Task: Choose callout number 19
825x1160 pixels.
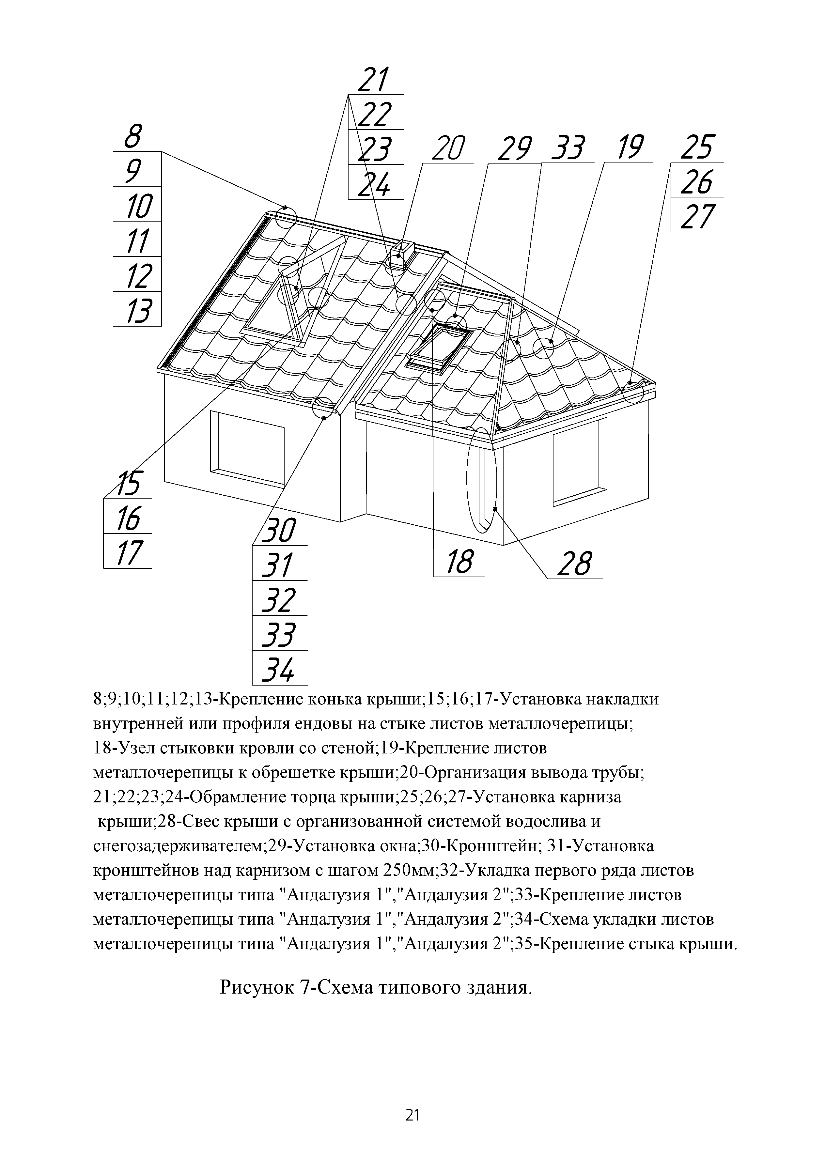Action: [629, 148]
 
